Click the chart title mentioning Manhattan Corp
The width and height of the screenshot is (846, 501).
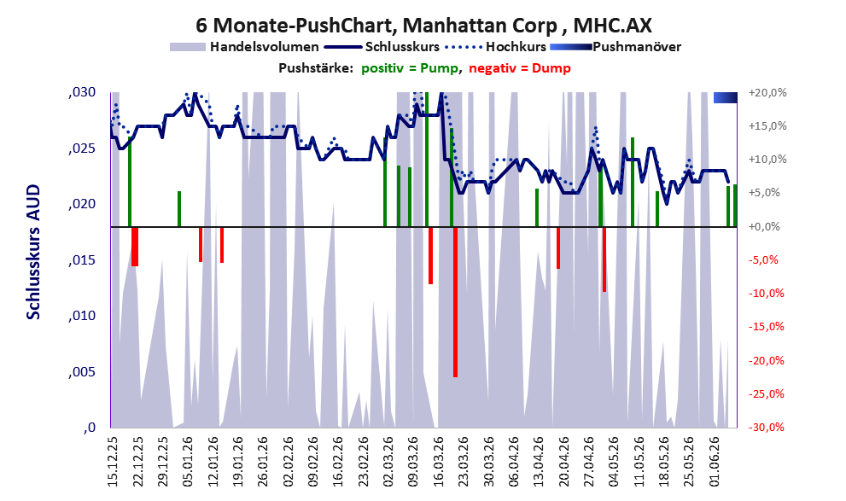click(423, 26)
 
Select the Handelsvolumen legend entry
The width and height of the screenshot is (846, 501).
click(244, 47)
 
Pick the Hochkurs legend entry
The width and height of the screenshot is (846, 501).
click(496, 47)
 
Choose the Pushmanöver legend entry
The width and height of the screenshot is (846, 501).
click(616, 47)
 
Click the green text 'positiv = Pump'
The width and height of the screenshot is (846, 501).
click(410, 68)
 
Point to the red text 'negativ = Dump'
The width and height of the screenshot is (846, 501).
click(520, 68)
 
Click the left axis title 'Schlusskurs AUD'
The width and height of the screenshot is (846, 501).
click(33, 252)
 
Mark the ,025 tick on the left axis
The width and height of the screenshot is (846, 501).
click(82, 149)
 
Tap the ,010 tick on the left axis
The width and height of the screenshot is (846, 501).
click(82, 316)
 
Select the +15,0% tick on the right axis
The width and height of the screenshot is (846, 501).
click(767, 125)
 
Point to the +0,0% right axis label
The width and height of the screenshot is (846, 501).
click(765, 226)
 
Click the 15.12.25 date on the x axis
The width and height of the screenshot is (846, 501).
click(113, 462)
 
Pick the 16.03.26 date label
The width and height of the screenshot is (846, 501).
click(438, 462)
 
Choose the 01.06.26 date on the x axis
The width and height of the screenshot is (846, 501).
click(715, 462)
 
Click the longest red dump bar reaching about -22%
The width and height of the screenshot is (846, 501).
click(455, 302)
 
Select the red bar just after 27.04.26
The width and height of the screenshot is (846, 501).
click(604, 259)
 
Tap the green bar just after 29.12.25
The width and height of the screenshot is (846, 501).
click(179, 209)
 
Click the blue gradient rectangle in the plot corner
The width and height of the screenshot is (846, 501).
click(725, 97)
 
